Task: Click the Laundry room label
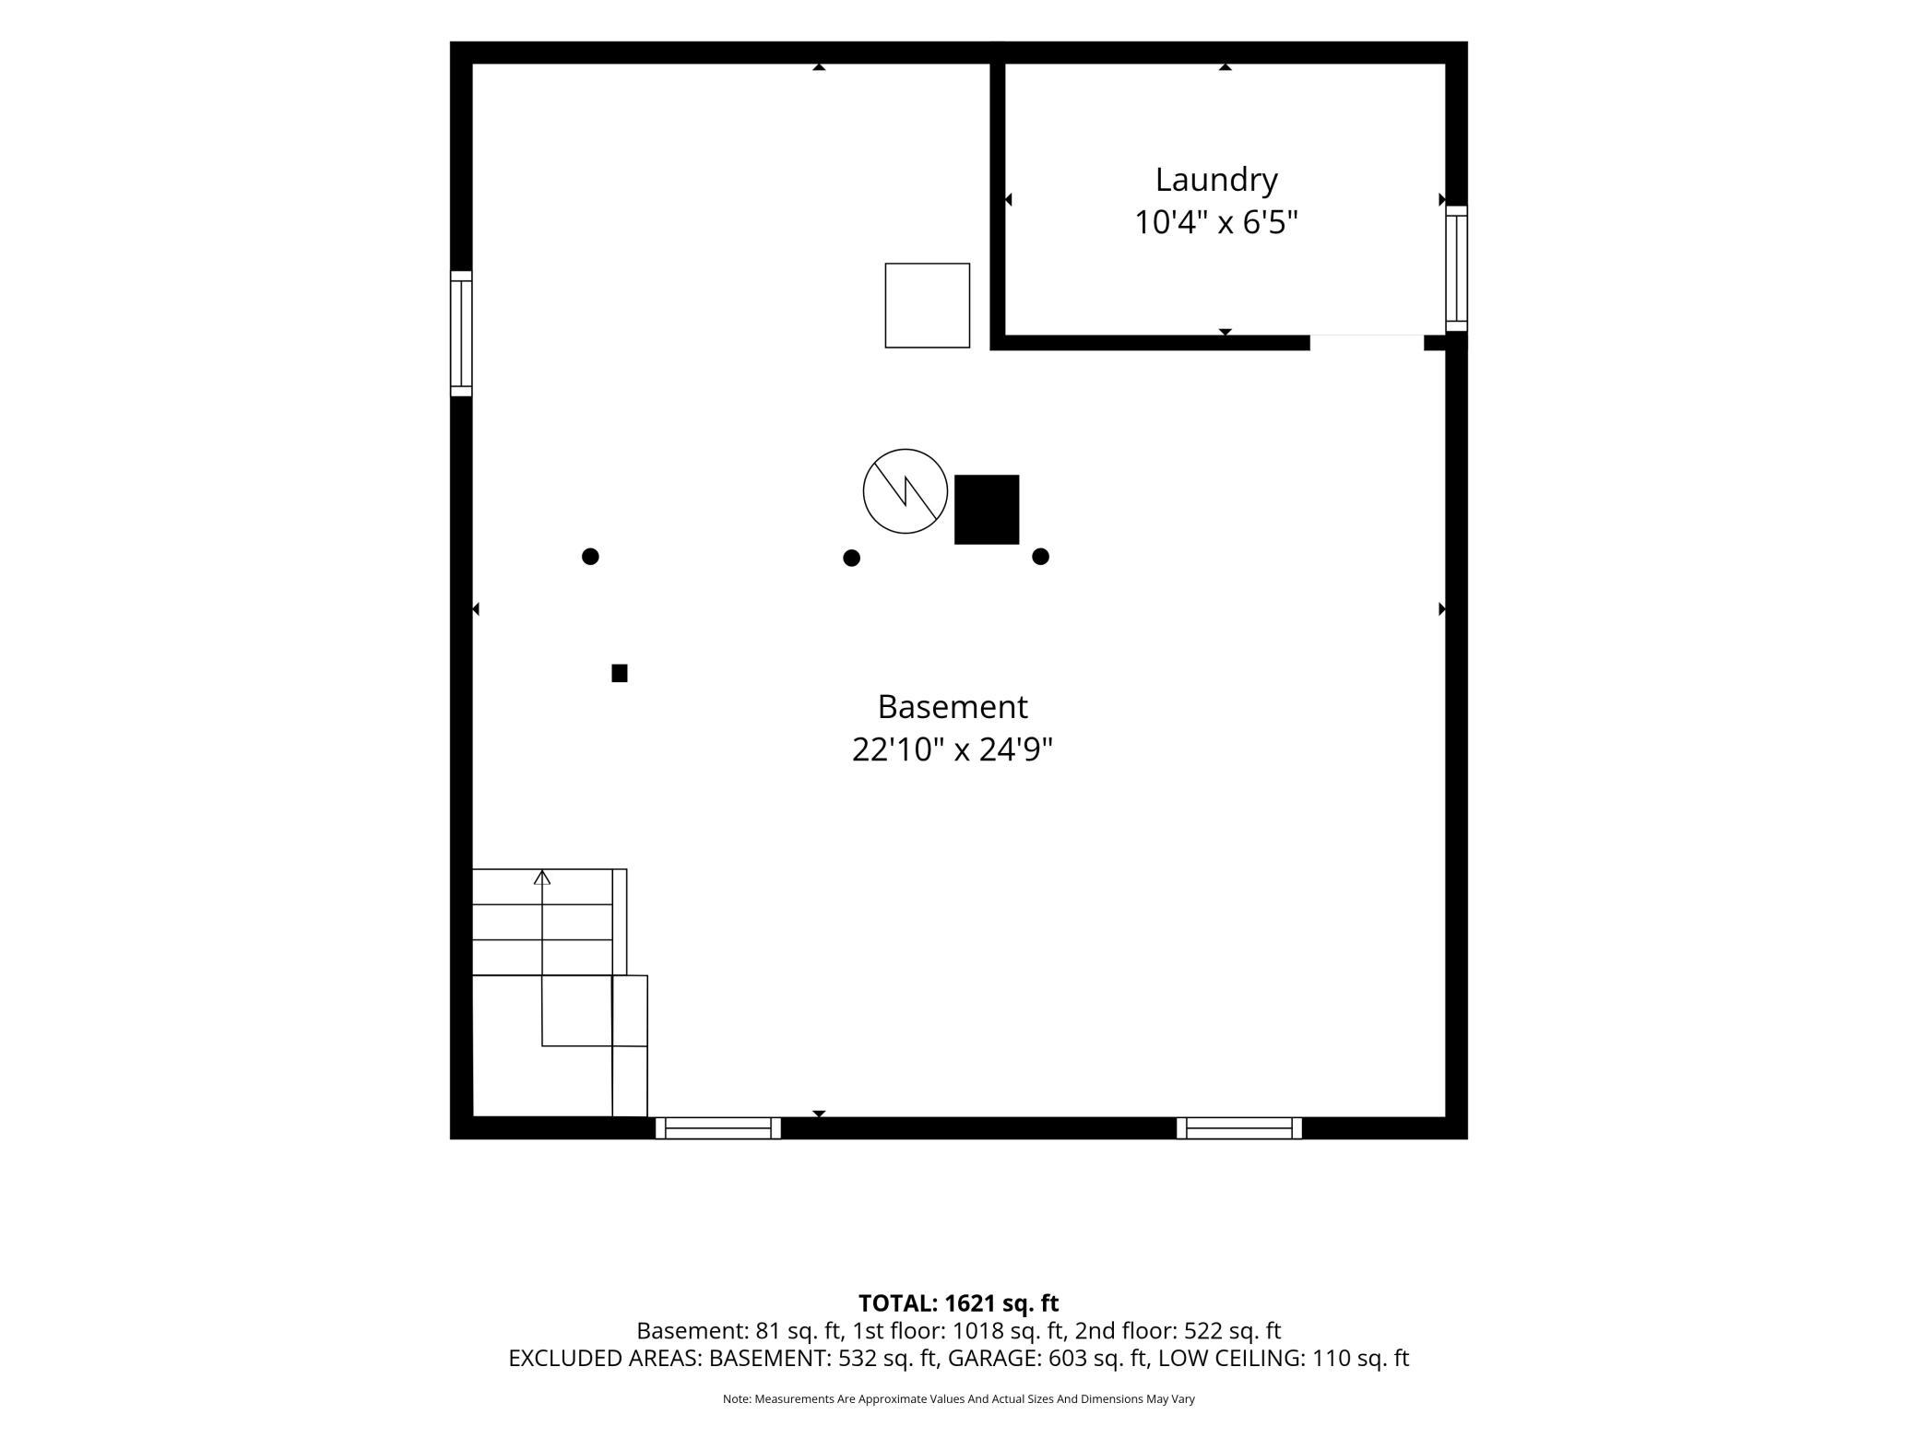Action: click(x=1215, y=180)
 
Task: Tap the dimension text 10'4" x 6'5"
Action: click(x=1215, y=223)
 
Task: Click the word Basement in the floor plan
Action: click(x=952, y=707)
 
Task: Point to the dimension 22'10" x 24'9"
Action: click(x=952, y=750)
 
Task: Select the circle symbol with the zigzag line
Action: click(x=906, y=491)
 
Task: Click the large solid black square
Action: click(x=987, y=510)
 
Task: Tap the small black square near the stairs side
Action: click(x=620, y=673)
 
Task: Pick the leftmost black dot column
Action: click(x=591, y=556)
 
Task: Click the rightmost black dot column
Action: click(x=1041, y=556)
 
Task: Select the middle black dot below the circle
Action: click(x=852, y=558)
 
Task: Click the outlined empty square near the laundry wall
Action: click(x=928, y=306)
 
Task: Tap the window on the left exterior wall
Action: click(x=461, y=334)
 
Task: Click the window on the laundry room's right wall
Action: click(x=1456, y=268)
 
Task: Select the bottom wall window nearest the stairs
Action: click(x=718, y=1128)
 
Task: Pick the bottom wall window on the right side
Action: click(x=1239, y=1128)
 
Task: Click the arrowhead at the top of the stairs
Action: click(x=542, y=878)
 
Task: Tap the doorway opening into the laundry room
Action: click(x=1367, y=342)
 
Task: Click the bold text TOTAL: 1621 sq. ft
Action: click(x=959, y=1303)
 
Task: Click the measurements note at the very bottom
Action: click(x=959, y=1399)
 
